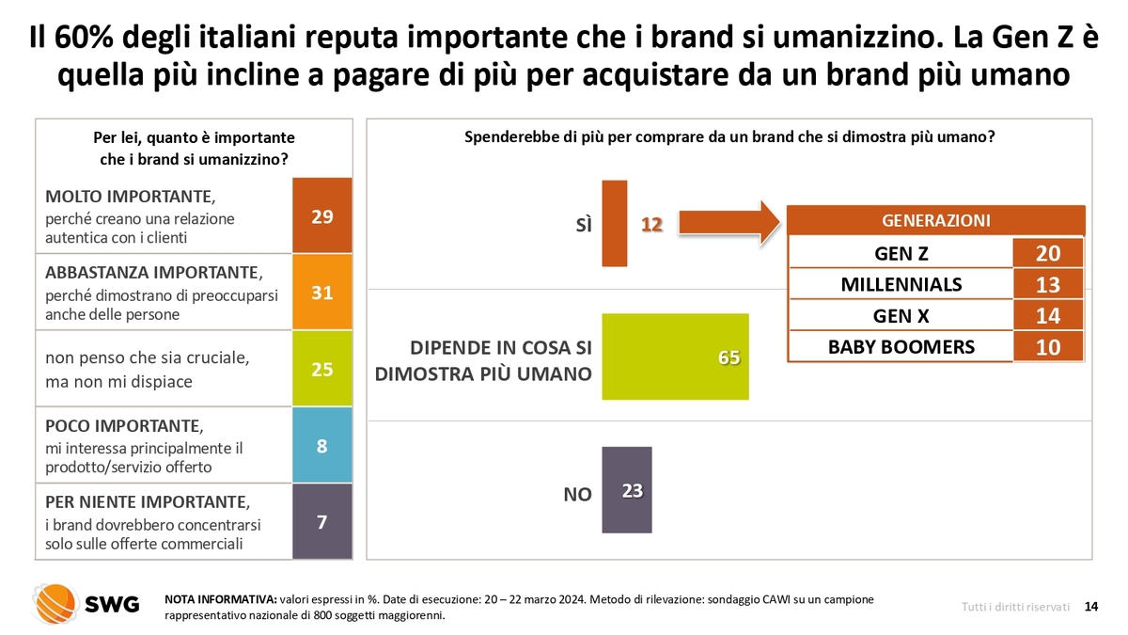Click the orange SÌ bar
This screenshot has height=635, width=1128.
pos(614,223)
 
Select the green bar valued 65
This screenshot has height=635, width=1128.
pos(674,357)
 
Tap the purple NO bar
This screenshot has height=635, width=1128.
pos(626,489)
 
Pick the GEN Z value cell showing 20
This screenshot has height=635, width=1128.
pos(1048,253)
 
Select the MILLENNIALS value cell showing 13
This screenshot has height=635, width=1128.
pos(1048,284)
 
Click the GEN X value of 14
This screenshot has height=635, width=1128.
pos(1048,316)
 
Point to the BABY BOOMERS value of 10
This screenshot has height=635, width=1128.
pos(1048,347)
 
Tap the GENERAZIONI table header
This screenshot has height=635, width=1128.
pos(935,221)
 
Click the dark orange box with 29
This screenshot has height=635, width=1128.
pos(322,215)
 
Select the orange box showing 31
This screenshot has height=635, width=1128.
pos(322,292)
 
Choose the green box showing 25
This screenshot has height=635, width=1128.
pos(322,369)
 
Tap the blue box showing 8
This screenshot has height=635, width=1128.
pos(322,445)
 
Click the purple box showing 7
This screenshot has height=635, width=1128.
pos(322,521)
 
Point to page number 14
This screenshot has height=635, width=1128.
pos(1091,607)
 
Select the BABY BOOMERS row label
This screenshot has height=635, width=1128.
pos(901,347)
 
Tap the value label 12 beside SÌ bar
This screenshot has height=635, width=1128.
pos(652,224)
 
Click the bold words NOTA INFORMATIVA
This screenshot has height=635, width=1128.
pos(220,599)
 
